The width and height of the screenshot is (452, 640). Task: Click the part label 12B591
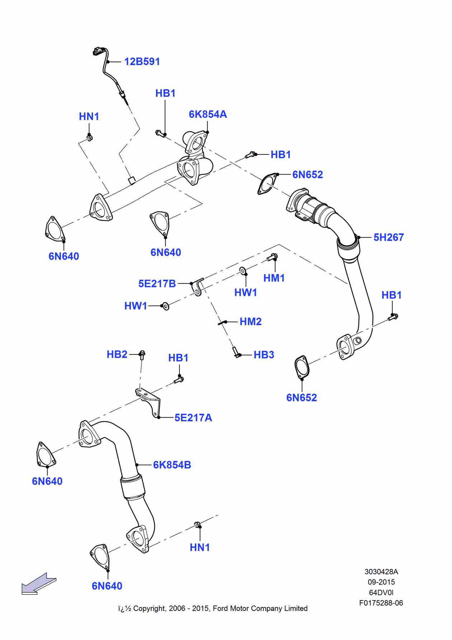click(142, 61)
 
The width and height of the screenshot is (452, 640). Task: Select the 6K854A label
click(208, 114)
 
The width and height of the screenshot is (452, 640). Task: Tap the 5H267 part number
click(389, 237)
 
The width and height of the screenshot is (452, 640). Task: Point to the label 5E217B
click(157, 284)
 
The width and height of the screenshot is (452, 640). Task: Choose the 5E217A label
click(193, 418)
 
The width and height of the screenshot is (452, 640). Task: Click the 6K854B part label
click(172, 465)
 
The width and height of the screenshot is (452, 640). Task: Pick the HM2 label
click(250, 321)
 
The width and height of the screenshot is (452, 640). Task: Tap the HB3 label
click(264, 355)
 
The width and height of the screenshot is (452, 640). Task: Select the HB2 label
click(117, 354)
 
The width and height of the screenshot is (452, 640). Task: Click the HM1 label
click(274, 278)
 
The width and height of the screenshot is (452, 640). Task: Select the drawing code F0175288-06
click(381, 603)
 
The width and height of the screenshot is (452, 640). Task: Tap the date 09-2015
click(381, 582)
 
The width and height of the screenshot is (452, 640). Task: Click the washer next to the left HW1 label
click(166, 306)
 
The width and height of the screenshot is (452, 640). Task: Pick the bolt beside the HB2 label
click(142, 355)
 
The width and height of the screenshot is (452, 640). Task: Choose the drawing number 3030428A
click(381, 571)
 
